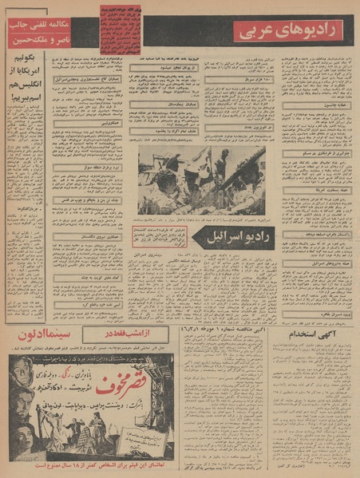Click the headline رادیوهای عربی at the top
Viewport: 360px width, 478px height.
point(292,32)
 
